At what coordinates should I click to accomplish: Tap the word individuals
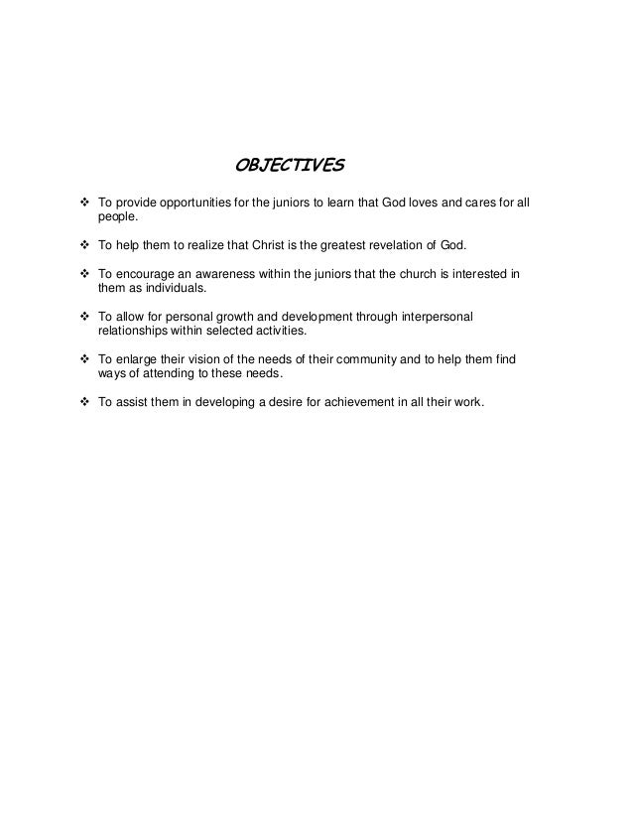166,288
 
